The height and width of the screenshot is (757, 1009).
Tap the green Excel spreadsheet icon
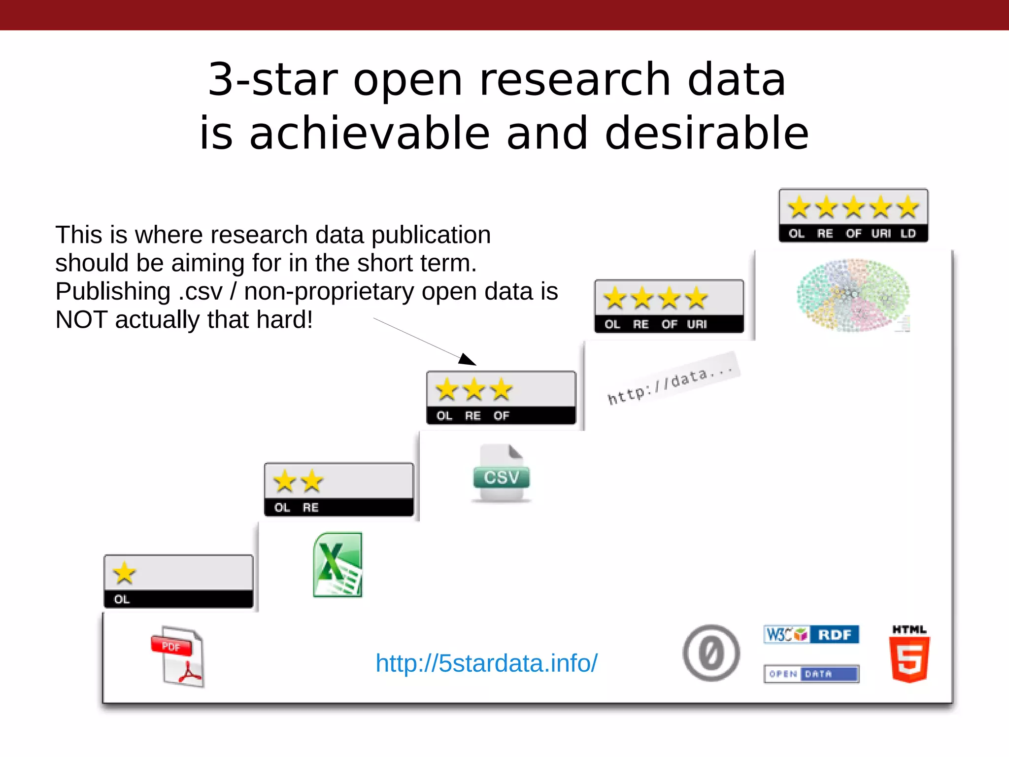pyautogui.click(x=338, y=565)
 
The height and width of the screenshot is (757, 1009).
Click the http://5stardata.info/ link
pyautogui.click(x=486, y=663)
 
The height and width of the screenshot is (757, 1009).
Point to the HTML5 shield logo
pyautogui.click(x=909, y=655)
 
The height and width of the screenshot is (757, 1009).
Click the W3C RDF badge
pyautogui.click(x=811, y=634)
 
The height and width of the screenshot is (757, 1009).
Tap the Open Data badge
pyautogui.click(x=811, y=674)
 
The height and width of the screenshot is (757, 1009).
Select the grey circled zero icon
pyautogui.click(x=711, y=654)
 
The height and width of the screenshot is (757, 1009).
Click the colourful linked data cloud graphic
pyautogui.click(x=853, y=295)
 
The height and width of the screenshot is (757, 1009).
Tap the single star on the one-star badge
pyautogui.click(x=124, y=573)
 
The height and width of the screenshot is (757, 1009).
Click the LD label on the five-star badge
pyautogui.click(x=908, y=234)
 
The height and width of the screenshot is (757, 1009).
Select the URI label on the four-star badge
pyautogui.click(x=697, y=324)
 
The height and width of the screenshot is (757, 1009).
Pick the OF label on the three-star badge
pyautogui.click(x=501, y=415)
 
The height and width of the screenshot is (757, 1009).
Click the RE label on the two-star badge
pyautogui.click(x=310, y=507)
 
